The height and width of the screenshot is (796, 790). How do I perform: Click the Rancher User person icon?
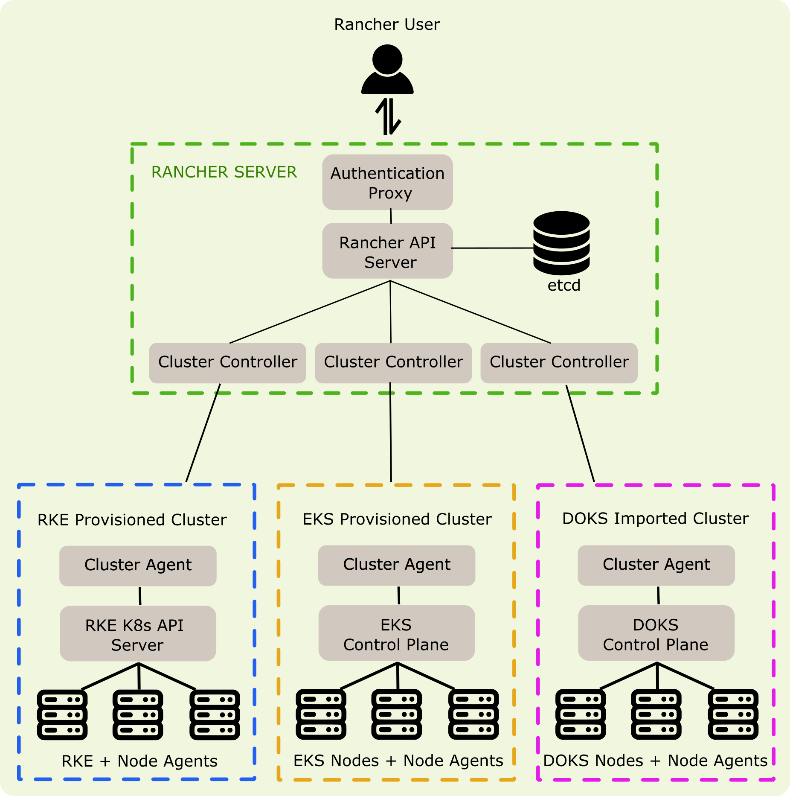point(387,70)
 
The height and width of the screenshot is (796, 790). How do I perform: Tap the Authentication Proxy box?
point(387,182)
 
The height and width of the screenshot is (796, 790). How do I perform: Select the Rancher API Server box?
point(387,251)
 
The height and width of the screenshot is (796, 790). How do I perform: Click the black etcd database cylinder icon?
point(561,243)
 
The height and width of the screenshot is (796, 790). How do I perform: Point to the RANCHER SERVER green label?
point(224,172)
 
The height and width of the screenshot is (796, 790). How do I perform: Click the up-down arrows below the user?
point(388,116)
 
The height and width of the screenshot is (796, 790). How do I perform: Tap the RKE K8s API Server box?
point(138,634)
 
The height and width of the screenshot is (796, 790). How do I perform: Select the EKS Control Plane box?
point(396,633)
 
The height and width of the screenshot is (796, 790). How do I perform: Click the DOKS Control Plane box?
point(656,633)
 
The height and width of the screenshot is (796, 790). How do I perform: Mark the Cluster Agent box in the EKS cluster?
point(397,565)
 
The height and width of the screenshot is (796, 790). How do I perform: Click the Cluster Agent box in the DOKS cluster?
point(656,565)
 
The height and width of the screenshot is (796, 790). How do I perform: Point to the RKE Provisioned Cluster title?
point(132,520)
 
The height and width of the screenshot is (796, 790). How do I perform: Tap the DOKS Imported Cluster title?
point(655,519)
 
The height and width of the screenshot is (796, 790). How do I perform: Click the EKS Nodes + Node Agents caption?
point(398,761)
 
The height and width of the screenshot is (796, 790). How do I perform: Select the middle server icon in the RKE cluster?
point(138,714)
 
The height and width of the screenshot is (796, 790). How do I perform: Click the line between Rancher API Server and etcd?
point(492,248)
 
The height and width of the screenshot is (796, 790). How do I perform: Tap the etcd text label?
point(564,285)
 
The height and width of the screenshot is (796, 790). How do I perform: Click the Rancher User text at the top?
point(387,24)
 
